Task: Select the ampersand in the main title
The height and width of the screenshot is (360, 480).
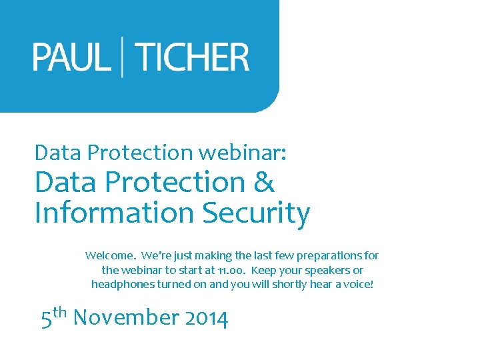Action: pos(264,182)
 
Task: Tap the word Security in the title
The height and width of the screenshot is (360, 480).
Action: pos(256,213)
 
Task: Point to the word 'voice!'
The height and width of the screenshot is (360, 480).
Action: pos(359,284)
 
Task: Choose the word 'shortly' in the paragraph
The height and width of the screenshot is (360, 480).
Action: pos(272,284)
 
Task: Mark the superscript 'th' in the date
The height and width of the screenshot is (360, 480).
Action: pos(60,311)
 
